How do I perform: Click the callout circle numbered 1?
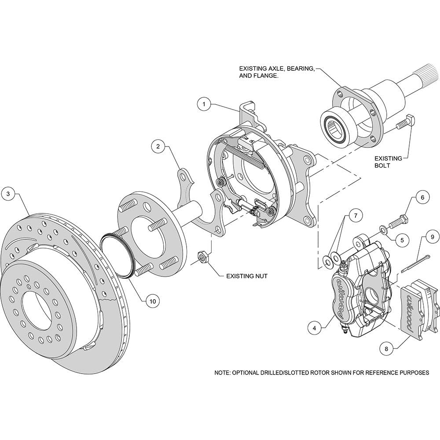(x=203, y=105)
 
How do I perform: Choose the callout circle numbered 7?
(x=356, y=215)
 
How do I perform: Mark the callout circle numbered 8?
(x=386, y=348)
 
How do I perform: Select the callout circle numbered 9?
(x=432, y=237)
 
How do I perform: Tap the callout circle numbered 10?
(x=152, y=301)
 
